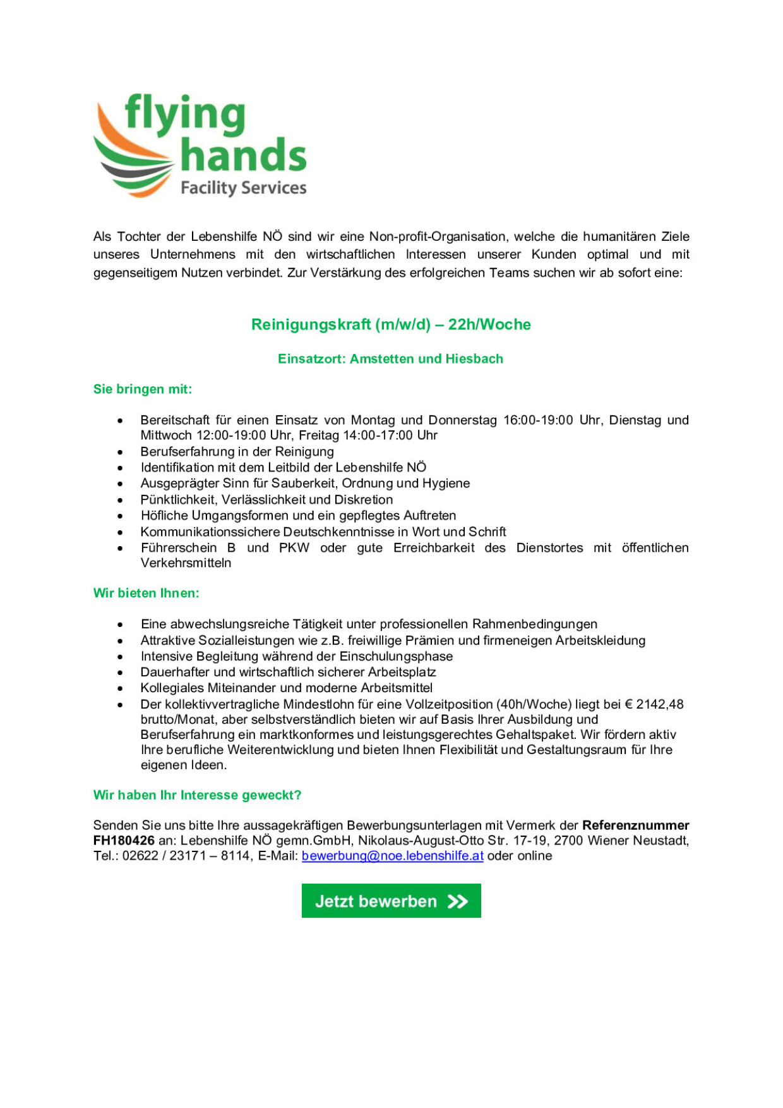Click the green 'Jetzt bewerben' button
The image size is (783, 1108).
pyautogui.click(x=391, y=901)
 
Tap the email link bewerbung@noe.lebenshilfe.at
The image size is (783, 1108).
pyautogui.click(x=392, y=856)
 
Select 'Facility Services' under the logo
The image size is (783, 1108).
pyautogui.click(x=243, y=188)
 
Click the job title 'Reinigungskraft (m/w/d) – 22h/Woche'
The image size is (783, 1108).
pyautogui.click(x=391, y=324)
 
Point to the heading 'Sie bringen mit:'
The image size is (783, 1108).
pyautogui.click(x=143, y=389)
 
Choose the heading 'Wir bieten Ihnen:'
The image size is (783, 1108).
pyautogui.click(x=146, y=593)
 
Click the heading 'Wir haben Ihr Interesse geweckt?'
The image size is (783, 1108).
pyautogui.click(x=197, y=795)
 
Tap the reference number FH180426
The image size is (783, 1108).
pyautogui.click(x=124, y=841)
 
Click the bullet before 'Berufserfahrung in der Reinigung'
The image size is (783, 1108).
pyautogui.click(x=120, y=453)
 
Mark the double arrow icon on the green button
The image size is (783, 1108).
pyautogui.click(x=458, y=901)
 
